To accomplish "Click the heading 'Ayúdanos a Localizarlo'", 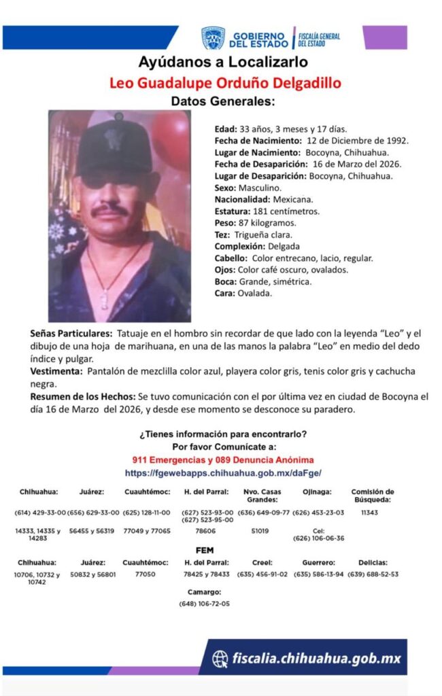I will pyautogui.click(x=223, y=63).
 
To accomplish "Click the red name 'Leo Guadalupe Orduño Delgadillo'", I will pyautogui.click(x=225, y=83).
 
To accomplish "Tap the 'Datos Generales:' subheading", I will pyautogui.click(x=223, y=101).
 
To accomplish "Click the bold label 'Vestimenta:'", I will pyautogui.click(x=55, y=371).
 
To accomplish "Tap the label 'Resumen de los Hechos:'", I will pyautogui.click(x=82, y=396).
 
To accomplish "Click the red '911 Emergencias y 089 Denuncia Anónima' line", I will pyautogui.click(x=222, y=459).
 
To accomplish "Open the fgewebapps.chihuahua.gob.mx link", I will pyautogui.click(x=222, y=472).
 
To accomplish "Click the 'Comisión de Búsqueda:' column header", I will pyautogui.click(x=373, y=495).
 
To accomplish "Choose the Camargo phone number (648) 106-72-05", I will pyautogui.click(x=205, y=604).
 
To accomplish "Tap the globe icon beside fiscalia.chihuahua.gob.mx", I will pyautogui.click(x=220, y=659).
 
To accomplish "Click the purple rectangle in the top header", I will pyautogui.click(x=385, y=37).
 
